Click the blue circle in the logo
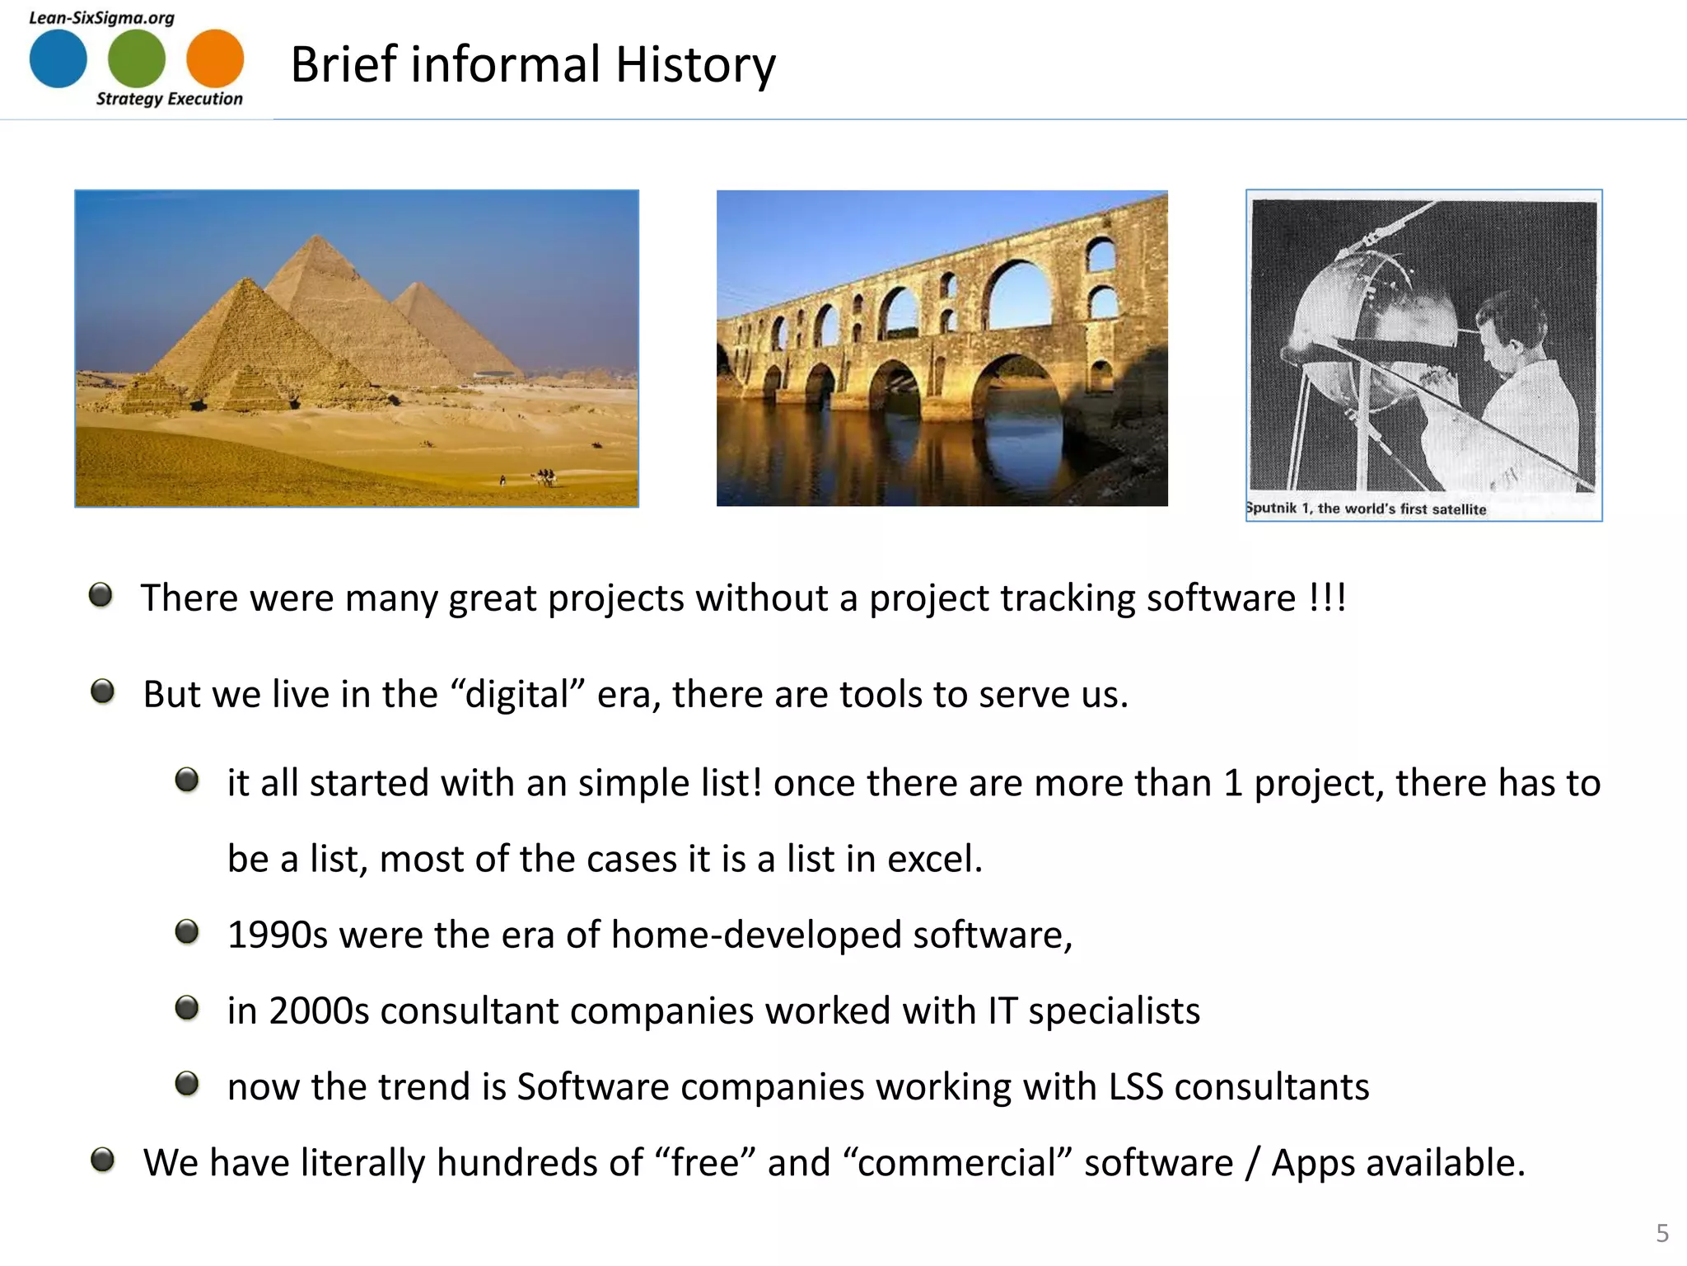coord(58,59)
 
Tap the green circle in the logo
coord(137,59)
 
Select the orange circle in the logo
coord(215,59)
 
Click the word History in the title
coord(695,65)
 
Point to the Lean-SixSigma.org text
coord(101,17)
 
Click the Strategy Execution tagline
coord(170,99)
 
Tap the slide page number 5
coord(1662,1233)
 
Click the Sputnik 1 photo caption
coord(1366,509)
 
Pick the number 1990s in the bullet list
coord(278,935)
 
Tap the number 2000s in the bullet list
coord(319,1010)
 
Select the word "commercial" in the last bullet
coord(957,1163)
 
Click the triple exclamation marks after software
coord(1327,598)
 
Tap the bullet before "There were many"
coord(100,595)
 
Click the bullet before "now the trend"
coord(187,1083)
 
